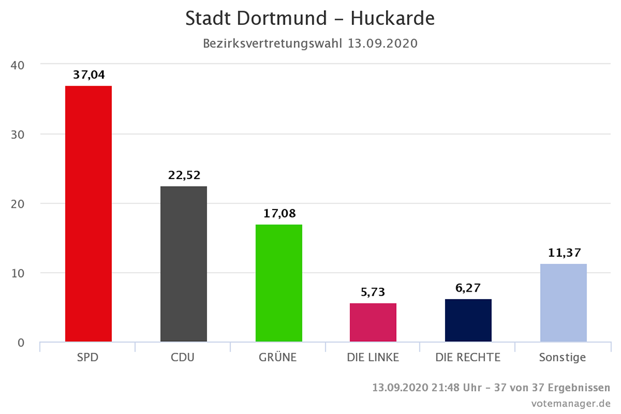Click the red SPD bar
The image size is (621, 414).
88,213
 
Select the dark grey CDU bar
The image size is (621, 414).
183,264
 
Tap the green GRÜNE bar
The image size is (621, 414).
278,283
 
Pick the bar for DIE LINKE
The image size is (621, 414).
373,322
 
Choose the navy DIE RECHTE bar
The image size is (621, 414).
468,320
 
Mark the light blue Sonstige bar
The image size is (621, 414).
563,303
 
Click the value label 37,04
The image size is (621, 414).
88,75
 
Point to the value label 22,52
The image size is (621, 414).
183,175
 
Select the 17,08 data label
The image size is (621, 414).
278,213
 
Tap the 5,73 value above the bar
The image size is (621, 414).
373,292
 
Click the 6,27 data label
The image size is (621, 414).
468,288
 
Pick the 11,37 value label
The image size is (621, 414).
563,252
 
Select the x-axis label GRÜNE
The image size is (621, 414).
278,357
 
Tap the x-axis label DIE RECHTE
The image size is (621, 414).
468,357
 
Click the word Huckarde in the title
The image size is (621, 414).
392,19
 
